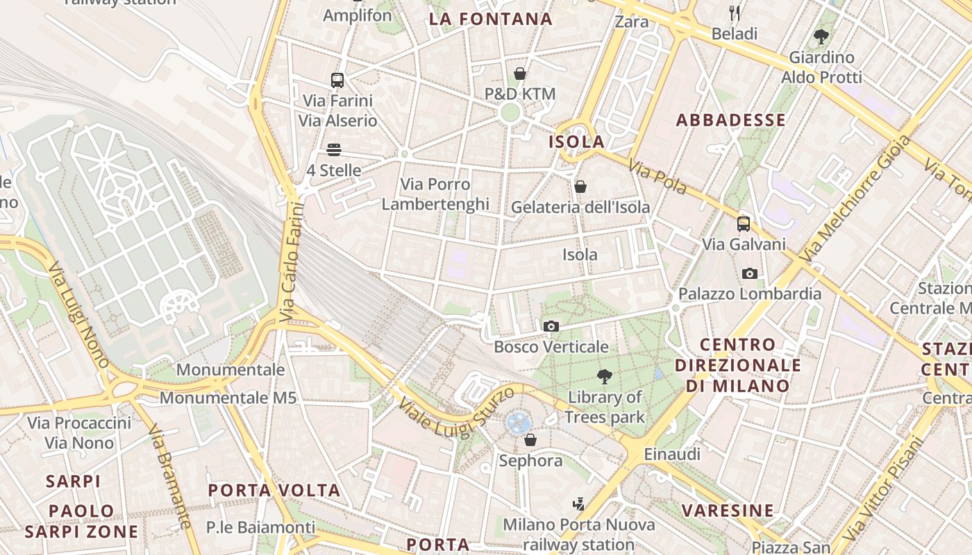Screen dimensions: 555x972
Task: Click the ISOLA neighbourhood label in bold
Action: tap(577, 142)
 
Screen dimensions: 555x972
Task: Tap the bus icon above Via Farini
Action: tap(337, 80)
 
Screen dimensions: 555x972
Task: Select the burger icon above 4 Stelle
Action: tap(334, 150)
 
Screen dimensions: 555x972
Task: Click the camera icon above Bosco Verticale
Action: tap(551, 326)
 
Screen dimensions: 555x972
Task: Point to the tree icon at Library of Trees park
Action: tap(605, 377)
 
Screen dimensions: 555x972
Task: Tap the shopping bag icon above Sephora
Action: tap(530, 440)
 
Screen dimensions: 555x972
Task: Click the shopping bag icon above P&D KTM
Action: tap(520, 73)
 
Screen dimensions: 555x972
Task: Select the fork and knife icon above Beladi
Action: tap(735, 12)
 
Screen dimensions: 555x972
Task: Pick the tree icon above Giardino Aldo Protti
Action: tap(821, 36)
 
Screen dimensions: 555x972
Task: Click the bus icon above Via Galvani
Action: tap(744, 223)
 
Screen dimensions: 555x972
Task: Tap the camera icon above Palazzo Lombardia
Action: tap(749, 273)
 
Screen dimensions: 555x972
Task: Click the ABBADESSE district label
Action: tap(731, 120)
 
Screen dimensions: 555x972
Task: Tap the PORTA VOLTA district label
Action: tap(274, 490)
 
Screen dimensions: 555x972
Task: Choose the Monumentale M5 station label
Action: tap(228, 398)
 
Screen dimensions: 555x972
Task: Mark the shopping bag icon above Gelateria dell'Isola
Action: tap(580, 187)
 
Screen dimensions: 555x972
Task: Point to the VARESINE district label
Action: tap(728, 511)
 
